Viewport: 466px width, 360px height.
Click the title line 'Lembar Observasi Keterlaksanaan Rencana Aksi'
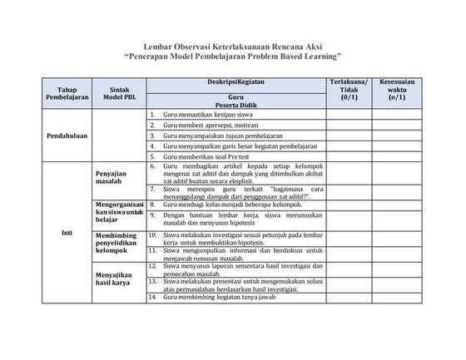[232, 48]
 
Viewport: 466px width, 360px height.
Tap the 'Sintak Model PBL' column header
[115, 92]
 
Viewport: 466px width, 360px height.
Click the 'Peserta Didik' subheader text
[235, 104]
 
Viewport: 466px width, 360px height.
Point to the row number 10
[153, 235]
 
